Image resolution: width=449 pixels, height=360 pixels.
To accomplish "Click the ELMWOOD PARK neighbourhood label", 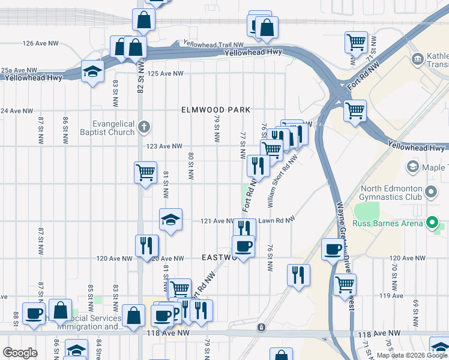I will coord(215,110).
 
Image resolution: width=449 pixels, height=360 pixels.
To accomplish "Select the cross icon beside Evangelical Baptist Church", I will coord(143,127).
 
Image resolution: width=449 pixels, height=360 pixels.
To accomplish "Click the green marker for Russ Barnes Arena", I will coord(432,224).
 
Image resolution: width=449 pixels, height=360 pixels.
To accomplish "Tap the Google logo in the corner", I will coord(20,353).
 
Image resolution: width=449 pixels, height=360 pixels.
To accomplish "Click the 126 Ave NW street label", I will coord(40,44).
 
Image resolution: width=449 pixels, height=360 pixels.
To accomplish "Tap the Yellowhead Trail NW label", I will coord(214,44).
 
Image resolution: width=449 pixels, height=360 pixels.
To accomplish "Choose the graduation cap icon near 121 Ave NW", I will coord(170,220).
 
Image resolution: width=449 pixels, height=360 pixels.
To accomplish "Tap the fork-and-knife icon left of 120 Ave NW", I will coord(146,245).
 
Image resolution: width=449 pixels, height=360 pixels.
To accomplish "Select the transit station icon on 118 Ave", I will coord(261,327).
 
